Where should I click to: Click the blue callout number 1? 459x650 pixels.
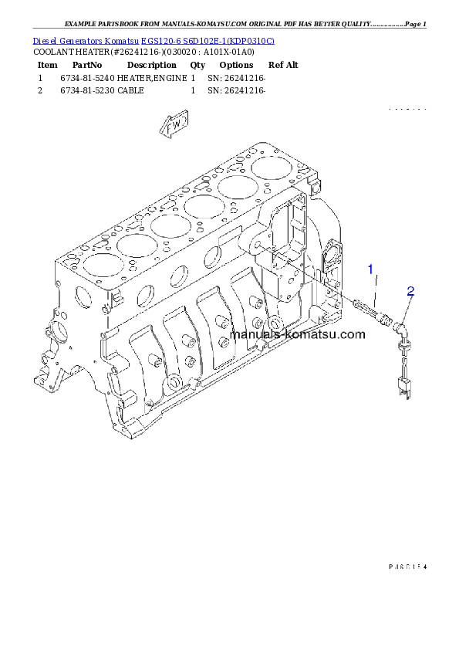tap(371, 269)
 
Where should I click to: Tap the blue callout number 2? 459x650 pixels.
tap(410, 291)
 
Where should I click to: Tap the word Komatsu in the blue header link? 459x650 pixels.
tap(121, 39)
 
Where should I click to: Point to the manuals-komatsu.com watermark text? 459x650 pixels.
tap(298, 334)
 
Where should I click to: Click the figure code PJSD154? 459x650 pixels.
tap(407, 567)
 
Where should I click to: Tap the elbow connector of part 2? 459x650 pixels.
tap(400, 328)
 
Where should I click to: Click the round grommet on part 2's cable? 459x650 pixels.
tap(401, 348)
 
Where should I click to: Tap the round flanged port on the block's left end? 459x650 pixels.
tap(54, 333)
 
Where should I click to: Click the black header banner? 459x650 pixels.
tap(229, 73)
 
